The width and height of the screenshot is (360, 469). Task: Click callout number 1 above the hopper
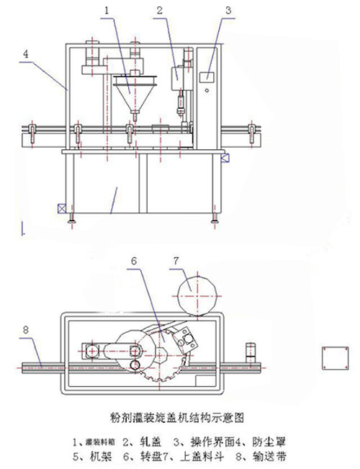click(x=107, y=11)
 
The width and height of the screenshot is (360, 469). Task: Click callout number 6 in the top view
click(x=133, y=262)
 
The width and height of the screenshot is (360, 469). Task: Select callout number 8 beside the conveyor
click(x=27, y=329)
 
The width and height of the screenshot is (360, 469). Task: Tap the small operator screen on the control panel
click(x=209, y=75)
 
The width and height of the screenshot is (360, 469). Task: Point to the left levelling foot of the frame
click(x=71, y=220)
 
